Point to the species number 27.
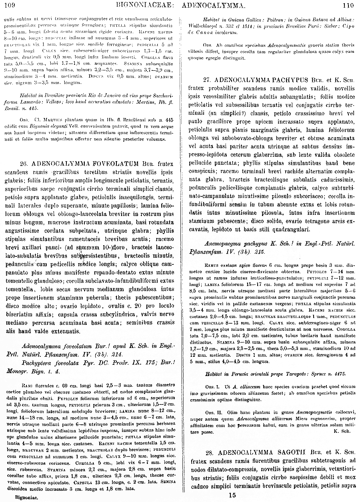pos(207,79)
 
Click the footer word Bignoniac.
pos(26,498)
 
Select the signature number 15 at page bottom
pos(232,496)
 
